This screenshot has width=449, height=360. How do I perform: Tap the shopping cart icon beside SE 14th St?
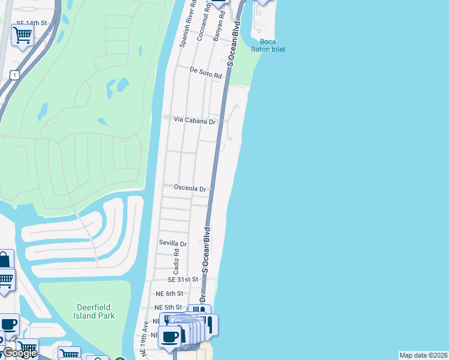click(x=22, y=36)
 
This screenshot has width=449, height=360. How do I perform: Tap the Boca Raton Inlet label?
click(x=268, y=45)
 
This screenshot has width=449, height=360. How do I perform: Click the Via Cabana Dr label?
click(x=194, y=120)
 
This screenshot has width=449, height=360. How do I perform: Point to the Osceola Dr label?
click(x=190, y=188)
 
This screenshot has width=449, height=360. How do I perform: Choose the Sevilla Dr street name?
click(x=172, y=243)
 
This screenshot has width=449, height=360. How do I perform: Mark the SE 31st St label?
click(x=182, y=280)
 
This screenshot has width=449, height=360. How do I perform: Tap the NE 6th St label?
click(x=169, y=293)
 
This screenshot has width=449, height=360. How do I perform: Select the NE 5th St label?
click(x=169, y=308)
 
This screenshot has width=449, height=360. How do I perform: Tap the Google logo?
click(x=20, y=353)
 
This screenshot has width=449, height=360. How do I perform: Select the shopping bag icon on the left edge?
click(x=4, y=260)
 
